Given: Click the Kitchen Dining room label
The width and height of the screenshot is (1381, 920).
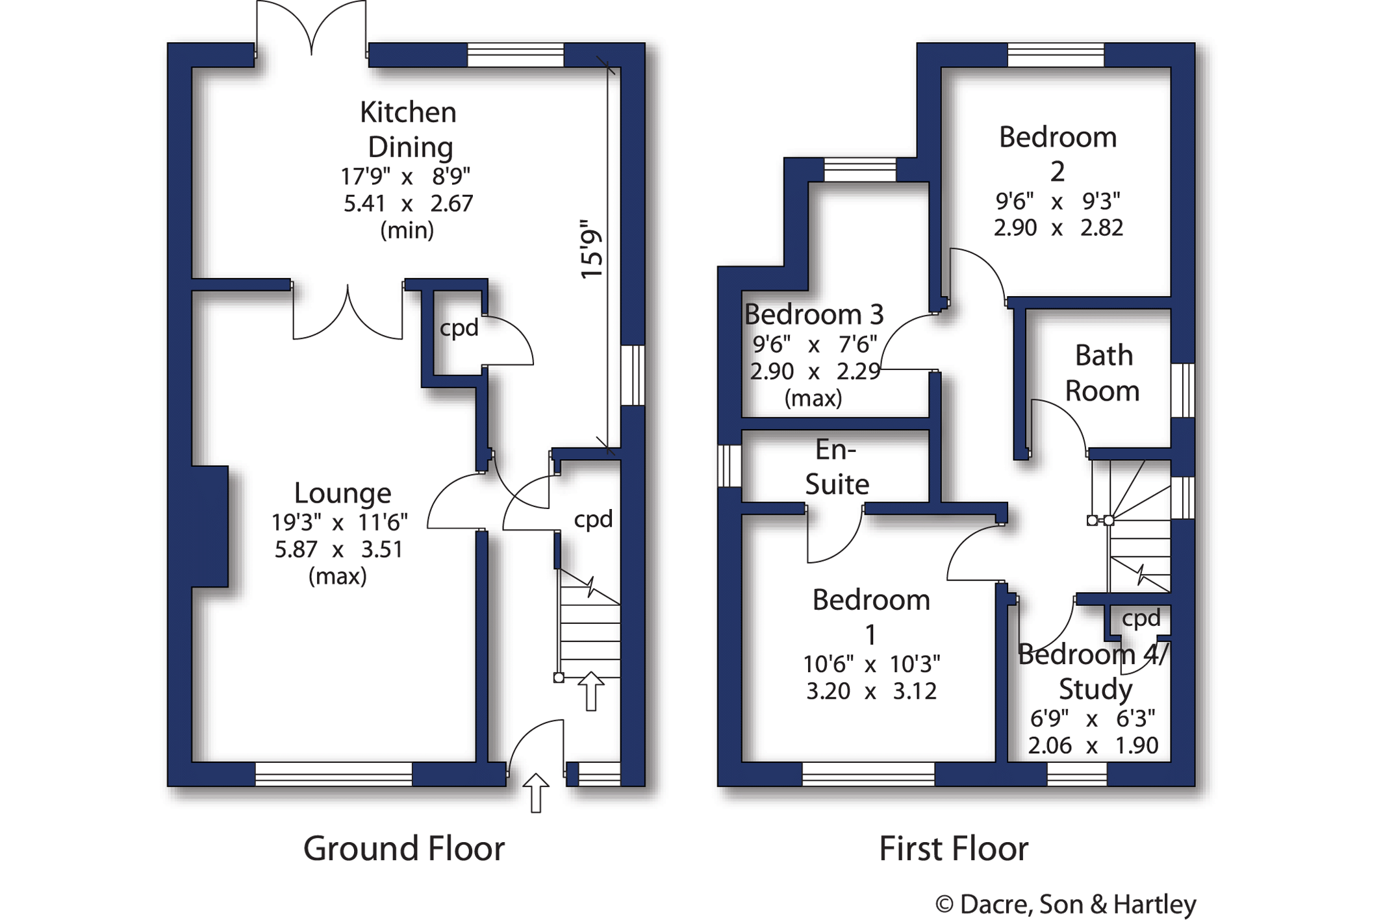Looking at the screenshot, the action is [409, 130].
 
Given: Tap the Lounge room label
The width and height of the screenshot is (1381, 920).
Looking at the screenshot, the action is [342, 493].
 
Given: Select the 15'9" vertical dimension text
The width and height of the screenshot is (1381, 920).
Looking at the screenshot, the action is [592, 249].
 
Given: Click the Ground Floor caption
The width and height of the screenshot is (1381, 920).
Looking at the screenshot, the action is [404, 849].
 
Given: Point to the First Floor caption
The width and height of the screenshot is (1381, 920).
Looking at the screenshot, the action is [954, 849].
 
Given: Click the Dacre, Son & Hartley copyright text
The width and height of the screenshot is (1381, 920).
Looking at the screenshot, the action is [1065, 904].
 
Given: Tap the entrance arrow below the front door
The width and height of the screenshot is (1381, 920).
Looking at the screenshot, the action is [536, 793].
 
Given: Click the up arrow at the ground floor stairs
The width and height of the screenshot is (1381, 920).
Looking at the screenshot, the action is [591, 691].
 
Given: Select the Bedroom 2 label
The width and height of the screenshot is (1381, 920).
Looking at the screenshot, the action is [1058, 154].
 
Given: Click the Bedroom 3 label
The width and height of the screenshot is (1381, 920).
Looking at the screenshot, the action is [814, 314].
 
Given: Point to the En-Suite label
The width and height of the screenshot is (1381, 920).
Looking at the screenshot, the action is [837, 467].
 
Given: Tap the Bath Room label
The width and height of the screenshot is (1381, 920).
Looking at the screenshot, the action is [1103, 373].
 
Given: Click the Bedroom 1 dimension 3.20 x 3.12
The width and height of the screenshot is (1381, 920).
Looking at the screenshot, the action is [871, 691].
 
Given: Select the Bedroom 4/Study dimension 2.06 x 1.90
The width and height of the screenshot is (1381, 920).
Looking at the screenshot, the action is [1093, 745].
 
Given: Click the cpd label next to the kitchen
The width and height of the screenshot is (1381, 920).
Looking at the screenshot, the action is [459, 329].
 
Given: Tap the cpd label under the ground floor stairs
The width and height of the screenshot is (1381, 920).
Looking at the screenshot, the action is [593, 519].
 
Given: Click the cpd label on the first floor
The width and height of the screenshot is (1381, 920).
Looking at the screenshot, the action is [1141, 618].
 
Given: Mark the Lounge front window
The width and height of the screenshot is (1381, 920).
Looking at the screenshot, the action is [334, 774].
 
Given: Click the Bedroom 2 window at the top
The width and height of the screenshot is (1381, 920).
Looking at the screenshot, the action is [1056, 55].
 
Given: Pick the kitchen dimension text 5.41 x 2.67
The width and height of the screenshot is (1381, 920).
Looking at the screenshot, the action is [408, 204].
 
